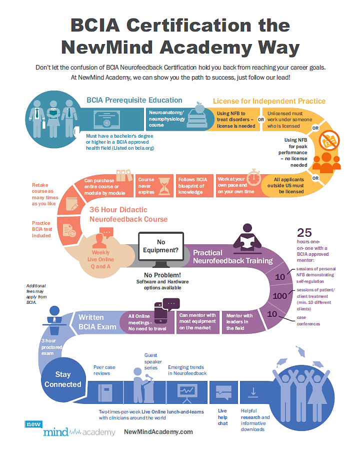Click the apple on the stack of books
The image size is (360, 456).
(x=198, y=107)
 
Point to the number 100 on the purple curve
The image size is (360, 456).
(x=280, y=296)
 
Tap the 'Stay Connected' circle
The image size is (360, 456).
(x=62, y=379)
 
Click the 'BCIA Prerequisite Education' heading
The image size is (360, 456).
(x=134, y=100)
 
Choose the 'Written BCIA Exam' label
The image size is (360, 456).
(x=98, y=322)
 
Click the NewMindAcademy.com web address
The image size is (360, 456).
(x=158, y=431)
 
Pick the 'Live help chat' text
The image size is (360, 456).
(x=222, y=417)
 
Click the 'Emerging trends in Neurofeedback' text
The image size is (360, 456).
(x=187, y=370)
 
